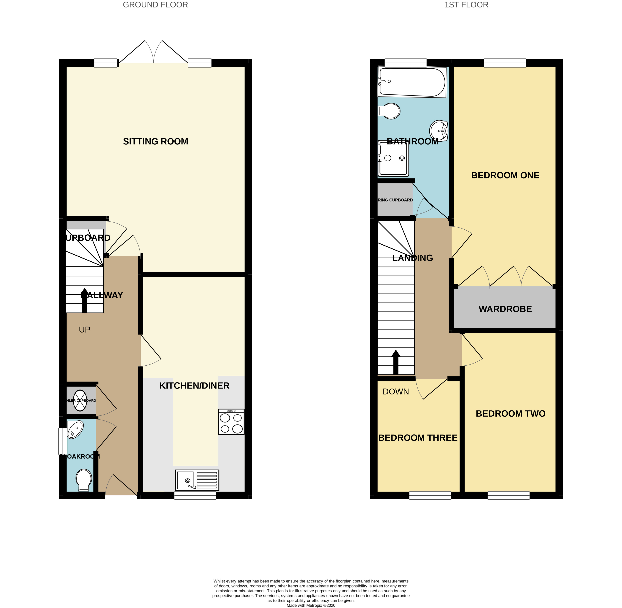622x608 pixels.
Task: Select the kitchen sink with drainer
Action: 197,480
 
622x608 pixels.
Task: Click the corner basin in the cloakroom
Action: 75,429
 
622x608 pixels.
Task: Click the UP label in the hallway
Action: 85,330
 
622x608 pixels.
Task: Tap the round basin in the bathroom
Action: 439,131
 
